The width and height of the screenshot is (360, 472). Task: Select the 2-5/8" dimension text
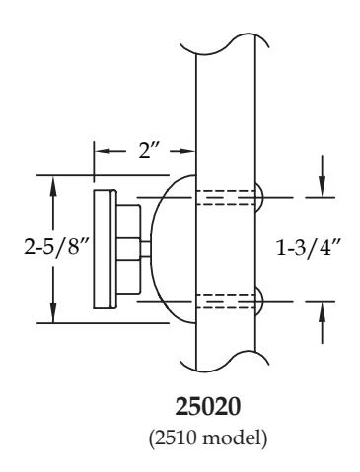pos(56,246)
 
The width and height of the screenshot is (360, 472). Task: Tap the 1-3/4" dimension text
pos(307,248)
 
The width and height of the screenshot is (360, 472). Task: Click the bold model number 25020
pos(208,407)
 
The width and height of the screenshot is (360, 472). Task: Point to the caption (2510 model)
pos(208,438)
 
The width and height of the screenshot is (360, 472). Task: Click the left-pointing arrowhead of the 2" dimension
pos(103,151)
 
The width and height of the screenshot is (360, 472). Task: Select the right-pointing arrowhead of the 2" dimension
pos(187,151)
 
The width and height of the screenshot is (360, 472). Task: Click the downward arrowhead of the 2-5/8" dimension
pos(53,312)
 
